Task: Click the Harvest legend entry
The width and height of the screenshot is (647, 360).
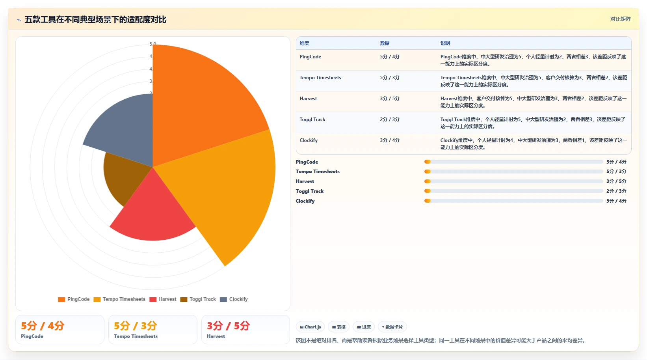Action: (163, 299)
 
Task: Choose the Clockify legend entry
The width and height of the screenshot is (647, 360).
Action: (234, 299)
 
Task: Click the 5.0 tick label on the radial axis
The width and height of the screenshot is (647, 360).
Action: (152, 44)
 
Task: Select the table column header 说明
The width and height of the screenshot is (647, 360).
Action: (445, 43)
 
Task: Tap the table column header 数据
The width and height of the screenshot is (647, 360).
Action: (385, 43)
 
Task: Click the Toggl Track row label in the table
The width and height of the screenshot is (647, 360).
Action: (312, 119)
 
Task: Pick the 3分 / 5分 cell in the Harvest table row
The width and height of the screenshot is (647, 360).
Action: (390, 99)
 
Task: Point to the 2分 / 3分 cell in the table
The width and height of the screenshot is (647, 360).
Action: (390, 119)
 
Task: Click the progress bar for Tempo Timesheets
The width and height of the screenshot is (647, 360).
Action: (513, 172)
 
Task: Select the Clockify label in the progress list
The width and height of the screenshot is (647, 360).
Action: (305, 201)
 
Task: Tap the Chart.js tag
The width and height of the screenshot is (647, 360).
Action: (310, 327)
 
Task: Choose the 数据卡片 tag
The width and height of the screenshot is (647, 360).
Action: (392, 327)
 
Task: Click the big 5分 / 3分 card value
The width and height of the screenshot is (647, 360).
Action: (135, 326)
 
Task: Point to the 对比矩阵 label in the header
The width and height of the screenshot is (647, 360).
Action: (620, 19)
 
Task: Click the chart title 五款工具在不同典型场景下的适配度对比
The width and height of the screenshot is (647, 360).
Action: (95, 20)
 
